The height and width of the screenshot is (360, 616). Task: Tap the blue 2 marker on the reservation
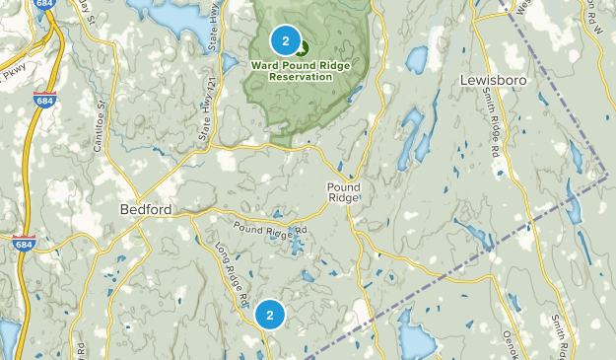point(285,40)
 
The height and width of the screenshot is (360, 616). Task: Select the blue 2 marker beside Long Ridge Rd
point(269,316)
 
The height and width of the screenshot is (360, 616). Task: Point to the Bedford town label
point(146,209)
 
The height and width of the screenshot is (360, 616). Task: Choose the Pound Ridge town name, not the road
point(344,192)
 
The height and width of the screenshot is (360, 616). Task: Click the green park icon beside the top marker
point(301,46)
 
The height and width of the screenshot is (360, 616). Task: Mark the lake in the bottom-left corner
point(8,338)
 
